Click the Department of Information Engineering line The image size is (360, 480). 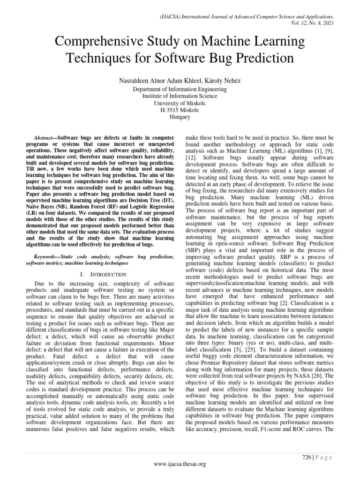(x=180, y=90)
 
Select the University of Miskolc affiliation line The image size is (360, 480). (x=180, y=104)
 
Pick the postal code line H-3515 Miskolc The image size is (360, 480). (x=180, y=111)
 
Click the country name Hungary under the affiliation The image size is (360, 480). (x=180, y=118)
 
